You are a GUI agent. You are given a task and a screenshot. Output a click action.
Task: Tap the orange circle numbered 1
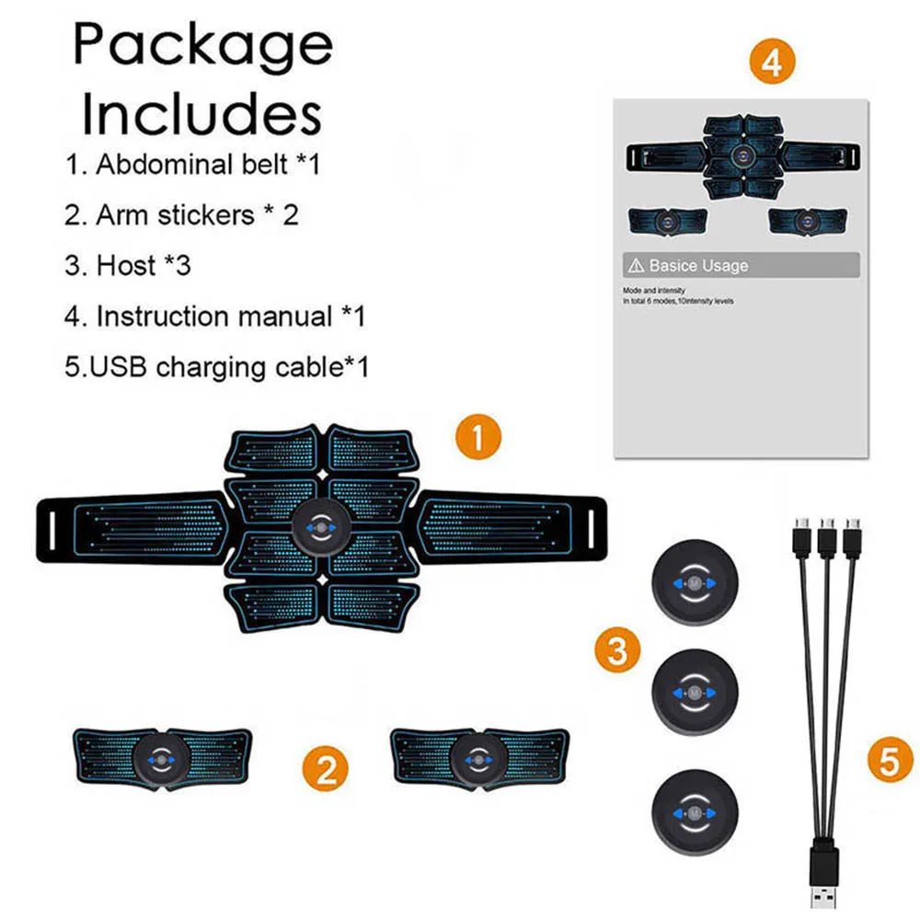(478, 436)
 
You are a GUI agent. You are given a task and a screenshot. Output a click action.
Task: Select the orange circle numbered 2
(327, 767)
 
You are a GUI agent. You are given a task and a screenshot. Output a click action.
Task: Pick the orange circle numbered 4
(772, 63)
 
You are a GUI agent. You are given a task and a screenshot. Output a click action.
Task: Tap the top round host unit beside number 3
(695, 584)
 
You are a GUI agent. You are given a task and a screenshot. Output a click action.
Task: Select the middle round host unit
(695, 692)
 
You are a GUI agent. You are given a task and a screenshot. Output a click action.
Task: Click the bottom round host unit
(695, 813)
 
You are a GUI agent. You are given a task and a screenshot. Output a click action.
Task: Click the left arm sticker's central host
(162, 760)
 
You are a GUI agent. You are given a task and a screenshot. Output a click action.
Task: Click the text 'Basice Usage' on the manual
(699, 266)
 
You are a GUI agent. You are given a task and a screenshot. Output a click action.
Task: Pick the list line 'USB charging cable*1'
(217, 367)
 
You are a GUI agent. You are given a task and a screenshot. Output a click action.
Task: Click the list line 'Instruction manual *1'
(215, 316)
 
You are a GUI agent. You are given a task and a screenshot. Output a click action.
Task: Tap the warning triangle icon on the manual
(636, 266)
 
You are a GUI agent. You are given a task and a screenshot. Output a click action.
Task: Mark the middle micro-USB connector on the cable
(827, 534)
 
